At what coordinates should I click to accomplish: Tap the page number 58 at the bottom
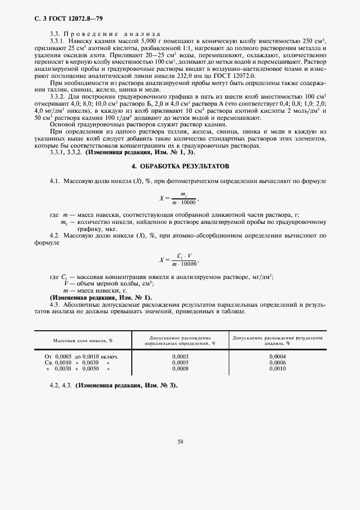(180, 442)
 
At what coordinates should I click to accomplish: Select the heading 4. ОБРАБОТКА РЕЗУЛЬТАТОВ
(180, 165)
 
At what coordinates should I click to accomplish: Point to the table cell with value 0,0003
(180, 356)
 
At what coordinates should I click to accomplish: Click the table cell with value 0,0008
(180, 368)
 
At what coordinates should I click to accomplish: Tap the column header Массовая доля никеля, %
(82, 341)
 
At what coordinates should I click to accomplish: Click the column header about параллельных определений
(180, 341)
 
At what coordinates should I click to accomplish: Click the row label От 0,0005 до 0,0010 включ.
(82, 356)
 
